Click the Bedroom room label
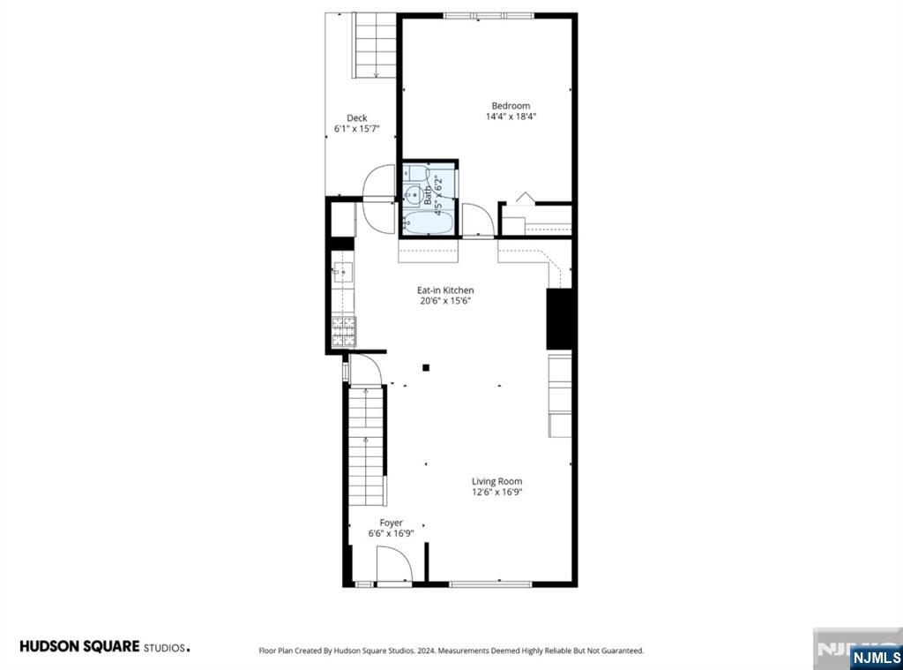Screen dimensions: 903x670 (x=511, y=106)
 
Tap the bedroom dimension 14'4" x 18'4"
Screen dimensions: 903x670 (x=511, y=117)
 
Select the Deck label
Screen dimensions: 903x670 (x=357, y=117)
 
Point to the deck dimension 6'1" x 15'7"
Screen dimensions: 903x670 (x=357, y=129)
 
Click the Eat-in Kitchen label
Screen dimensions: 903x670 (x=445, y=290)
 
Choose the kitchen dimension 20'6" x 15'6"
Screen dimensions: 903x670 (x=445, y=300)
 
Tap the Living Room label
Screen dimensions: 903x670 (x=497, y=481)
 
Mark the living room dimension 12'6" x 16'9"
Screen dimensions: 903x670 (x=497, y=492)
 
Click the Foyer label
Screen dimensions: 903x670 (x=391, y=523)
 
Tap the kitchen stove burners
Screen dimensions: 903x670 (x=344, y=332)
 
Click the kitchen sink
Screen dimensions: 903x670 (x=343, y=272)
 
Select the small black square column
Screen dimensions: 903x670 (x=426, y=367)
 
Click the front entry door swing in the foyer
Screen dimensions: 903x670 (x=394, y=563)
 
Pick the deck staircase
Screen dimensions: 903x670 (x=374, y=45)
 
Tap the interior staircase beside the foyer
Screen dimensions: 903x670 (x=367, y=447)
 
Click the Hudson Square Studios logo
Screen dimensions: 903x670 (x=105, y=646)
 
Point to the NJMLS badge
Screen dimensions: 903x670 (x=876, y=657)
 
